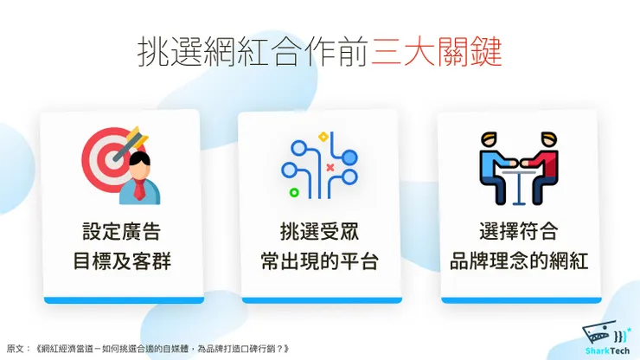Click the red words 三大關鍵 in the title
click(x=437, y=53)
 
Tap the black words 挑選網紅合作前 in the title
click(x=254, y=53)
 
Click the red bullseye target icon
click(x=108, y=154)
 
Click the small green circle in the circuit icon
click(x=295, y=191)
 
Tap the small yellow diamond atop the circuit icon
click(x=323, y=136)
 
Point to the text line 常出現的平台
click(x=319, y=260)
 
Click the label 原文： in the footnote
click(x=18, y=348)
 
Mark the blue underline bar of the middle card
click(x=319, y=299)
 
